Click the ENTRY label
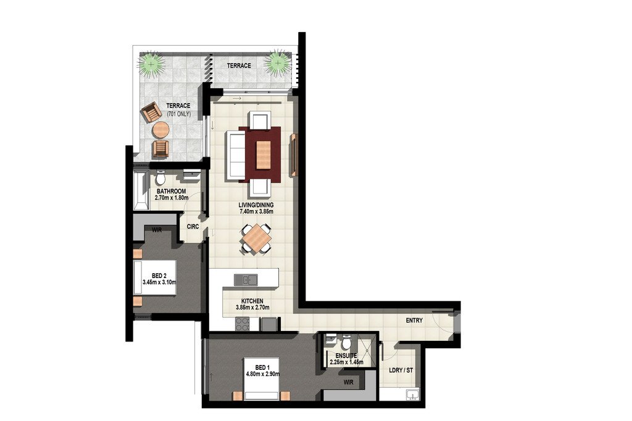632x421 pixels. click(414, 321)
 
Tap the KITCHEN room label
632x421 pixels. click(252, 301)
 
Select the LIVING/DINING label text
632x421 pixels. click(256, 205)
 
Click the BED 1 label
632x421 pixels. click(261, 367)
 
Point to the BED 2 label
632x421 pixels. click(159, 276)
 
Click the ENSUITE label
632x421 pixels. click(346, 356)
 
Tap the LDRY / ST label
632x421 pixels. click(401, 370)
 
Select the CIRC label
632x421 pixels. click(193, 227)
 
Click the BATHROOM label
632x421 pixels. click(172, 191)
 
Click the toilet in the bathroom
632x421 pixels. click(160, 177)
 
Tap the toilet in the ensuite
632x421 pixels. click(346, 342)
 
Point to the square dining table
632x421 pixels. click(256, 239)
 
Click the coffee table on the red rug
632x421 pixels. click(263, 155)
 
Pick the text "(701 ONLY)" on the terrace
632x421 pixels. click(179, 114)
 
